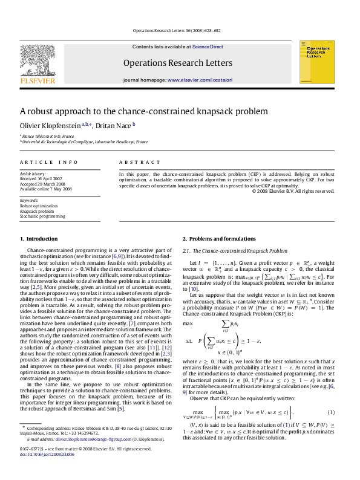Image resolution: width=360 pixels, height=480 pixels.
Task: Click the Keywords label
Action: point(28,199)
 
